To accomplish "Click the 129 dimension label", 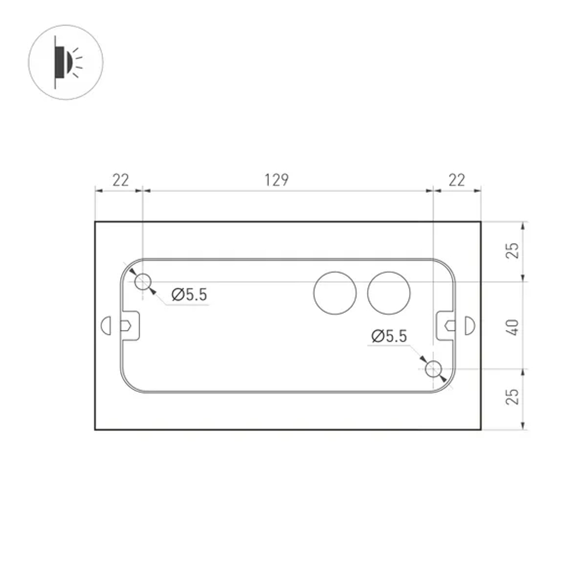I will tap(277, 180).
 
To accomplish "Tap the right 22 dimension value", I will tap(456, 180).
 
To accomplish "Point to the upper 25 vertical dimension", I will tap(513, 251).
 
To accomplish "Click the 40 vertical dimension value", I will tap(513, 327).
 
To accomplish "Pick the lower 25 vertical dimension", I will tap(513, 396).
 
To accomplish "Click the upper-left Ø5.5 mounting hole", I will tap(142, 281).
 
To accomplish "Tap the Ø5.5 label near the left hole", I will tap(189, 295).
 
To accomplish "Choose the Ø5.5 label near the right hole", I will tap(389, 336).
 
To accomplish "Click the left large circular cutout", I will tap(335, 293).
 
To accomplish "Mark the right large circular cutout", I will tap(389, 293).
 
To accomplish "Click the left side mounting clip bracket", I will tap(130, 325).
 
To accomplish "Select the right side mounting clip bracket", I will tap(446, 325).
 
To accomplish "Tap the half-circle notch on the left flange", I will tap(105, 325).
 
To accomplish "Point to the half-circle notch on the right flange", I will tap(470, 325).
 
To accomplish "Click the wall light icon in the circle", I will tap(66, 61).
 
